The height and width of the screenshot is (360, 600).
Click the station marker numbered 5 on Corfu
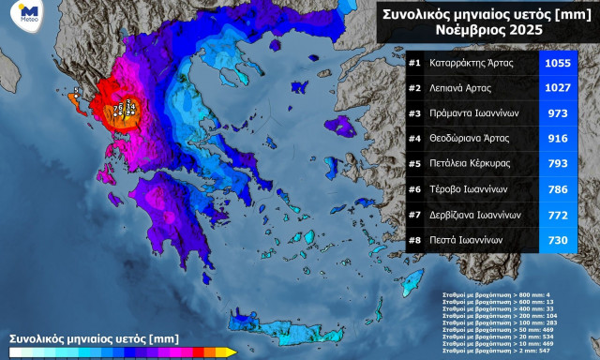coord(77,91)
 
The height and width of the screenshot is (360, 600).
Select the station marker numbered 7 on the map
coord(114,109)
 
